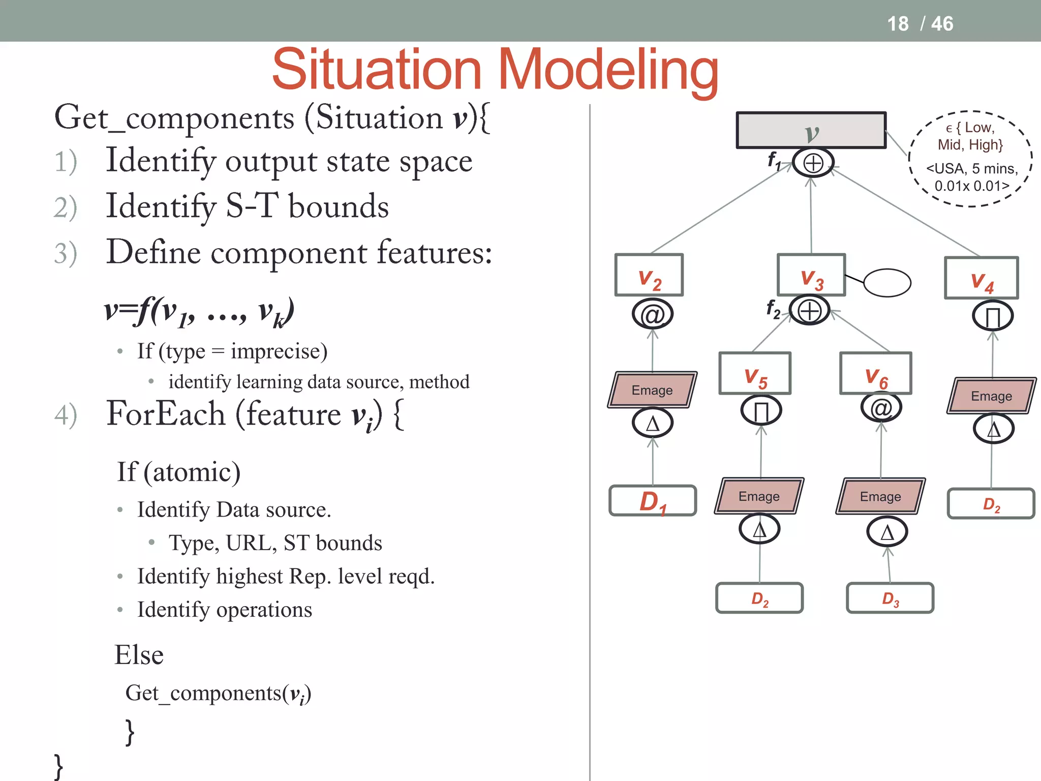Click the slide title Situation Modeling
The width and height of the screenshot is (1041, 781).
pos(495,70)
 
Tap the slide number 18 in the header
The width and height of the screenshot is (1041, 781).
pos(898,24)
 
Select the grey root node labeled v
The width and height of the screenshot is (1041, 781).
pos(811,131)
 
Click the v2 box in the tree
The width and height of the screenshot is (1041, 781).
pos(649,275)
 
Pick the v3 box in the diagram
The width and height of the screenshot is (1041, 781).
pos(811,275)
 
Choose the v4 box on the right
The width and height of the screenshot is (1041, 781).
pos(981,278)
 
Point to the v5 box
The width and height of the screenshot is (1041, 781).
pos(755,373)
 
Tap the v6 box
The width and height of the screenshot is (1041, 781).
pos(876,373)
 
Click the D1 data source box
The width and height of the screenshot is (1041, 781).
pos(653,501)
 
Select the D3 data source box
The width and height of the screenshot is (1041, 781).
pos(890,598)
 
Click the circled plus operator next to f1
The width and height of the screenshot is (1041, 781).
pos(813,163)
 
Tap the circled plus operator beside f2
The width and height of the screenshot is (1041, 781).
pos(809,311)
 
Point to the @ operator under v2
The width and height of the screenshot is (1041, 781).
pos(653,314)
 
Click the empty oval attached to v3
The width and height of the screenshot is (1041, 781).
pos(887,283)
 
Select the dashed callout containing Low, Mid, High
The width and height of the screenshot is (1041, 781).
pos(970,158)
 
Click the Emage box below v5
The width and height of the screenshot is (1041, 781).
pos(759,496)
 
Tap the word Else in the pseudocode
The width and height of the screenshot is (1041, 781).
pos(139,655)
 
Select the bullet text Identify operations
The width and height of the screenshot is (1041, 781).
pos(225,610)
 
